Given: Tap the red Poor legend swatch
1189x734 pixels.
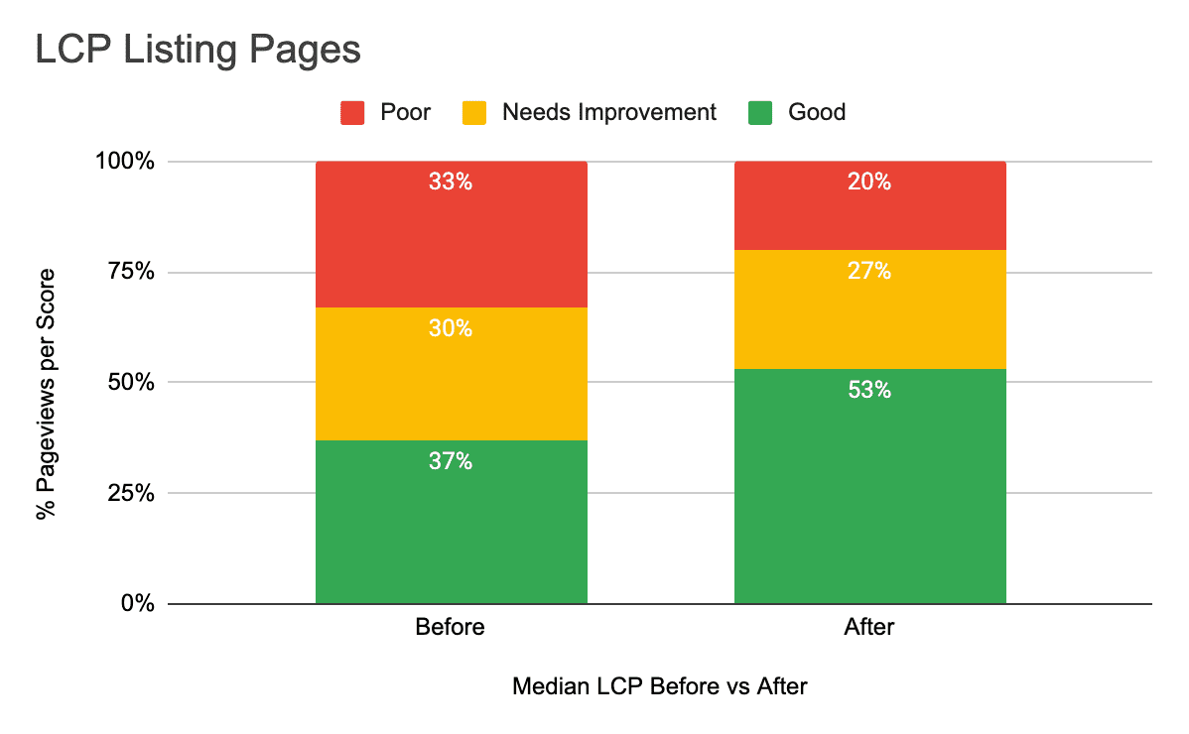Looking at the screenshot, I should pyautogui.click(x=353, y=112).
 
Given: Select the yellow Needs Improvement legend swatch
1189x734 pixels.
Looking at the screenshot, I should pyautogui.click(x=474, y=112).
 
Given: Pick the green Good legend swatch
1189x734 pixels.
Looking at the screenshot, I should pyautogui.click(x=760, y=112).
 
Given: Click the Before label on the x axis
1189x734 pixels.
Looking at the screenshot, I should pyautogui.click(x=451, y=627).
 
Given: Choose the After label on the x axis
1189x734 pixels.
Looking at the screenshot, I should pyautogui.click(x=869, y=627).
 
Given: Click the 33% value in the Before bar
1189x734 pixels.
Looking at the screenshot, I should pyautogui.click(x=451, y=183).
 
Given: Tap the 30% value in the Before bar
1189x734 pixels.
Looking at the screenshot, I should pyautogui.click(x=451, y=328).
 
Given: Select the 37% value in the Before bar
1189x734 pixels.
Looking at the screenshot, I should pyautogui.click(x=451, y=461).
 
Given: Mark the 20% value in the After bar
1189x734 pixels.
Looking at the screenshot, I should pyautogui.click(x=869, y=183).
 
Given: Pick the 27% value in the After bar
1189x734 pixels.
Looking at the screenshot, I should pyautogui.click(x=869, y=271).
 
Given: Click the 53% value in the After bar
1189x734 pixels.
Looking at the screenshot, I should pyautogui.click(x=869, y=391).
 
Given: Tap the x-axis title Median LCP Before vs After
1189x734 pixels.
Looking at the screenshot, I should pyautogui.click(x=660, y=686).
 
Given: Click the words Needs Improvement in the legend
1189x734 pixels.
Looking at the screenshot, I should pyautogui.click(x=608, y=112).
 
